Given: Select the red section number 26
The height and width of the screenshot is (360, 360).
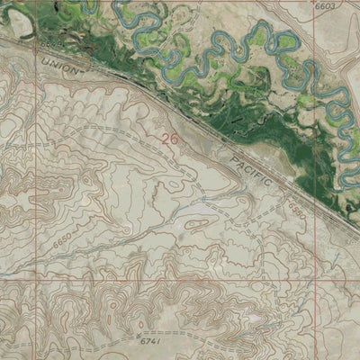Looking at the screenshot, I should pos(169,139).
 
